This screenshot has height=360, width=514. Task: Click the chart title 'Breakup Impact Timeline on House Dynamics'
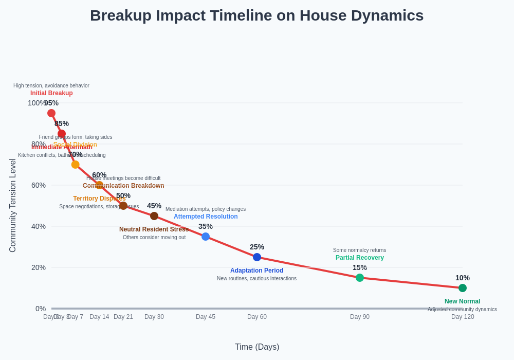pyautogui.click(x=256, y=15)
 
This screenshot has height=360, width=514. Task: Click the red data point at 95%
pyautogui.click(x=51, y=113)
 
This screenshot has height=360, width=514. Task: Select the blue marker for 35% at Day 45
pyautogui.click(x=206, y=237)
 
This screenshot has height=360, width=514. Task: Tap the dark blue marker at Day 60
pyautogui.click(x=257, y=257)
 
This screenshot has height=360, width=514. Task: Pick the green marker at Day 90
pyautogui.click(x=360, y=278)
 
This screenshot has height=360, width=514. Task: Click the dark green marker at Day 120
pyautogui.click(x=463, y=288)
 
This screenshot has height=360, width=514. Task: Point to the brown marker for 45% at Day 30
pyautogui.click(x=154, y=216)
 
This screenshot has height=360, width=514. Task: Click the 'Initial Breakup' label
pyautogui.click(x=51, y=93)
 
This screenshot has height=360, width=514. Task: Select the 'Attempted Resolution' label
pyautogui.click(x=206, y=217)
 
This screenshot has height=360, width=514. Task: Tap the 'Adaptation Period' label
pyautogui.click(x=256, y=271)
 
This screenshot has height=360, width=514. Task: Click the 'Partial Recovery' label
pyautogui.click(x=359, y=258)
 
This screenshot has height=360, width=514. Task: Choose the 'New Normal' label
pyautogui.click(x=462, y=301)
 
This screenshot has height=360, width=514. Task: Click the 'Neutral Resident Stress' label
pyautogui.click(x=154, y=229)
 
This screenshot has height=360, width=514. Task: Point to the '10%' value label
pyautogui.click(x=462, y=278)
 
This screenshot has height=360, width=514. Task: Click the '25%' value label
pyautogui.click(x=257, y=247)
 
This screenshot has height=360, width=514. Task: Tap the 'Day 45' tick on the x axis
pyautogui.click(x=206, y=317)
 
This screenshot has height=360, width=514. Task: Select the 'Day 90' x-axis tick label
pyautogui.click(x=360, y=317)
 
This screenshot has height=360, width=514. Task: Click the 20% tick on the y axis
pyautogui.click(x=39, y=267)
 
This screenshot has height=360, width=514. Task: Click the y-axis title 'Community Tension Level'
pyautogui.click(x=13, y=205)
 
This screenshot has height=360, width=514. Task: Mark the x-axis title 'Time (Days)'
pyautogui.click(x=257, y=347)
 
